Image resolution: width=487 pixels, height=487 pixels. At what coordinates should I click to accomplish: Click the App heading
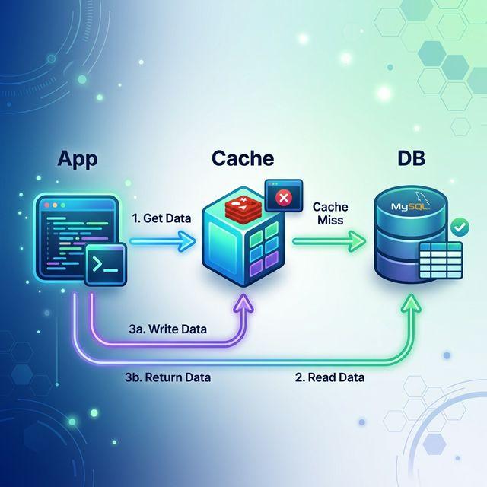(76, 160)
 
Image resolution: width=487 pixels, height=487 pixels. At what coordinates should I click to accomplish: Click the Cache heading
(243, 160)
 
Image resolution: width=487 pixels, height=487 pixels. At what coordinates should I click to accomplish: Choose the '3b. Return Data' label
(167, 377)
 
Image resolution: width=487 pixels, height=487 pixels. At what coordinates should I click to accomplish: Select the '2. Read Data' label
(329, 377)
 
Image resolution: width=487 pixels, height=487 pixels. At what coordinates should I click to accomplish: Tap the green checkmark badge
(459, 227)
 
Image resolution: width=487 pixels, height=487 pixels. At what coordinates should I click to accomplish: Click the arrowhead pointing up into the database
(412, 304)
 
